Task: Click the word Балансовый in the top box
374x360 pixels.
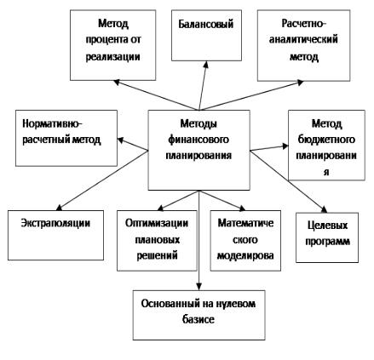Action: [x=206, y=24]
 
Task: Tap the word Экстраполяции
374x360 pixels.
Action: [x=55, y=224]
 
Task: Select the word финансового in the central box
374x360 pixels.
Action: [x=199, y=140]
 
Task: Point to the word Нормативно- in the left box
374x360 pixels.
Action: [x=52, y=124]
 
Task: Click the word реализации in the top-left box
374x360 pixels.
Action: [x=112, y=57]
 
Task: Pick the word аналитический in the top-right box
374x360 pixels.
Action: [x=303, y=39]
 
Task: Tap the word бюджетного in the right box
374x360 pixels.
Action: [x=326, y=140]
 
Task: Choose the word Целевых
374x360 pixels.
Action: [x=327, y=226]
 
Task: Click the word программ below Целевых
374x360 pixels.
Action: [x=327, y=242]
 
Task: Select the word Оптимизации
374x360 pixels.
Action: [x=157, y=223]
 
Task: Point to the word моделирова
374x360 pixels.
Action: [x=245, y=255]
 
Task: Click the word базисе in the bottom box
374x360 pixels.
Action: [x=199, y=320]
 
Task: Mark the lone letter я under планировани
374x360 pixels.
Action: [x=326, y=172]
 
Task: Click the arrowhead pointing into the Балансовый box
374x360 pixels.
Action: [x=206, y=65]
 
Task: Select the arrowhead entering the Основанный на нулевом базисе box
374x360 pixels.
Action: [x=199, y=286]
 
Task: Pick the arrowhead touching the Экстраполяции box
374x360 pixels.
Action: [x=60, y=208]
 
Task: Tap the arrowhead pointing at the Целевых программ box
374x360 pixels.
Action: [x=324, y=209]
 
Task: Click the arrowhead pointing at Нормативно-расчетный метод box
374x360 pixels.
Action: [x=121, y=140]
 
